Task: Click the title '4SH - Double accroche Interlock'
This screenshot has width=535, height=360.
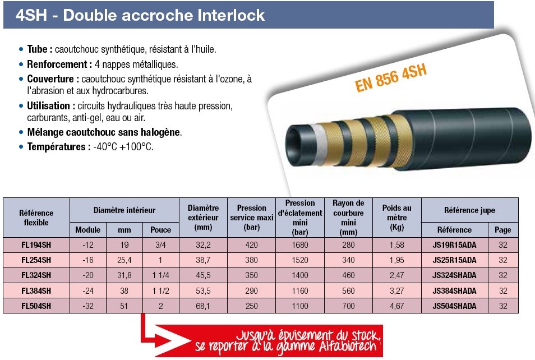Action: [140, 15]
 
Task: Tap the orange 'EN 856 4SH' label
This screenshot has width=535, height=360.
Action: [391, 78]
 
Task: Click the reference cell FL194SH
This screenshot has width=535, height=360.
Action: [36, 245]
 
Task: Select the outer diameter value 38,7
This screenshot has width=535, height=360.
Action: [203, 260]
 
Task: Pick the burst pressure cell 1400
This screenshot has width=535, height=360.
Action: [300, 275]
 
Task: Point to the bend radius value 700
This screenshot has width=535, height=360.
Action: [348, 306]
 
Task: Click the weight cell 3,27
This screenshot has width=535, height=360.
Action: [397, 290]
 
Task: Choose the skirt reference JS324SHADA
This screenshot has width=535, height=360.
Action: [454, 275]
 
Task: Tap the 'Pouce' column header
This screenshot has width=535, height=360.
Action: [161, 230]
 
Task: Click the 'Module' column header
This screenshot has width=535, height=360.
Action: [87, 230]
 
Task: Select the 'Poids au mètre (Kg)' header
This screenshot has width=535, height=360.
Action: [397, 218]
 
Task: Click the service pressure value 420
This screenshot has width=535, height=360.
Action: [251, 245]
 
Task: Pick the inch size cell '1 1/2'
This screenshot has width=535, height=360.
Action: [161, 290]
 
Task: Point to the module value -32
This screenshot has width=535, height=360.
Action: [88, 306]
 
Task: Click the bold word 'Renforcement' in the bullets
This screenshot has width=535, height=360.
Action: [57, 64]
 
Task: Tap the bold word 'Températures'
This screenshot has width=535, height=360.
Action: [56, 147]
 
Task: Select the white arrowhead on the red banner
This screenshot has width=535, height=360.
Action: [173, 340]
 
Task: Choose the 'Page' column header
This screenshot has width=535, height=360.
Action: [503, 230]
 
